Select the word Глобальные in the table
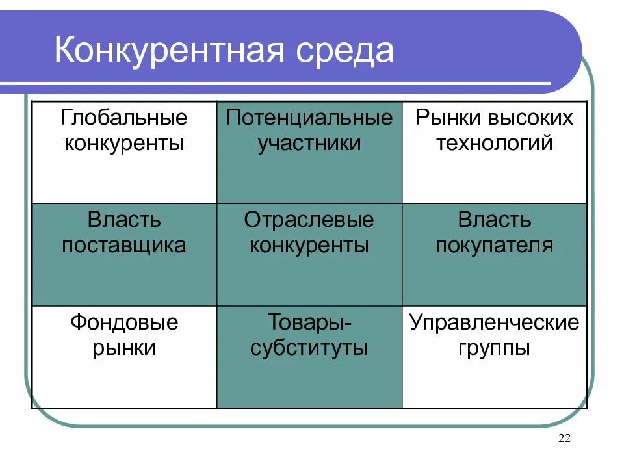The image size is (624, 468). (124, 118)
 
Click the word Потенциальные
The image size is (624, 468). (309, 118)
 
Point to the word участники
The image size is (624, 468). (309, 143)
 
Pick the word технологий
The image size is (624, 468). (494, 143)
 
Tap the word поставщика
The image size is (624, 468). (124, 245)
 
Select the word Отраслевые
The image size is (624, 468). (309, 220)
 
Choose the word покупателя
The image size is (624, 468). (495, 245)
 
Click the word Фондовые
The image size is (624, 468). (124, 322)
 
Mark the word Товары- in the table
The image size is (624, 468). (309, 322)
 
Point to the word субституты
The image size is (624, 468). (309, 348)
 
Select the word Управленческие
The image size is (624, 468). (495, 322)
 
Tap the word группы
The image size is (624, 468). (495, 348)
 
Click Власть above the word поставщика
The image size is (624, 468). (124, 220)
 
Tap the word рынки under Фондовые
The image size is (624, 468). (124, 348)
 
